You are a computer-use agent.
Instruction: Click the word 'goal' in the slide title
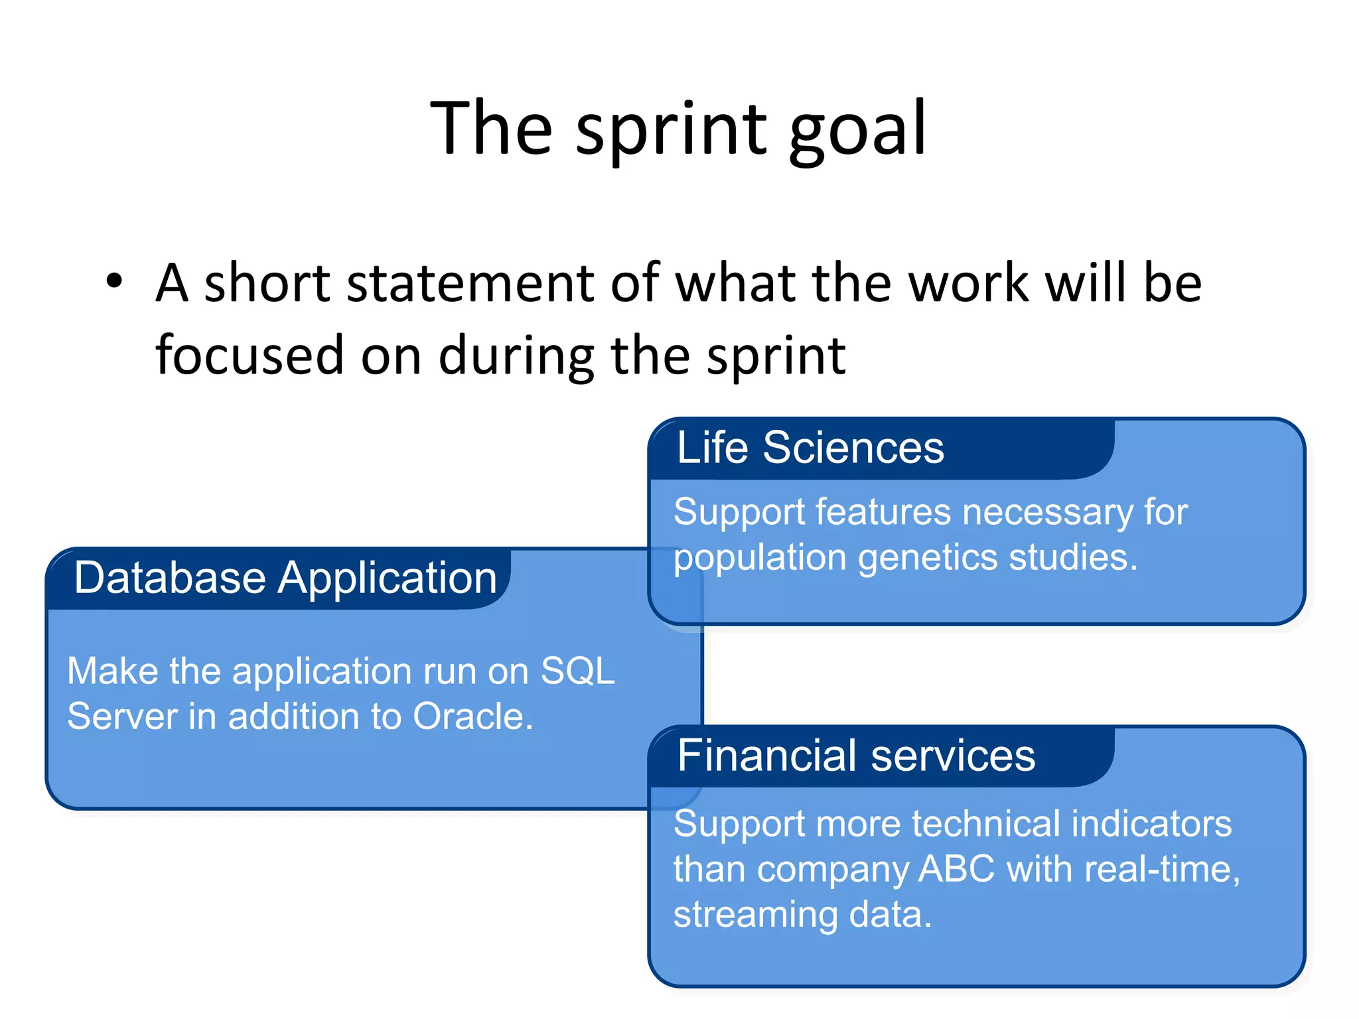(x=857, y=130)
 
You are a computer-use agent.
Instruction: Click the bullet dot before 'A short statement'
(x=114, y=281)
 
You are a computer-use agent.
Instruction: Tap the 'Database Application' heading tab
(x=285, y=578)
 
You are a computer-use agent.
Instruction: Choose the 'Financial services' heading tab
(x=856, y=756)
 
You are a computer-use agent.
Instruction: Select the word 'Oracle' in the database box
(x=472, y=716)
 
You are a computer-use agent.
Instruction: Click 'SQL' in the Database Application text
(x=577, y=671)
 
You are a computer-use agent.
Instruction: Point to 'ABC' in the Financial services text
(x=956, y=868)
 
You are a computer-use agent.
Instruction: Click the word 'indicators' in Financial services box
(x=1151, y=824)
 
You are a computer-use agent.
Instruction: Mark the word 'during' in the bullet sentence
(x=517, y=355)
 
